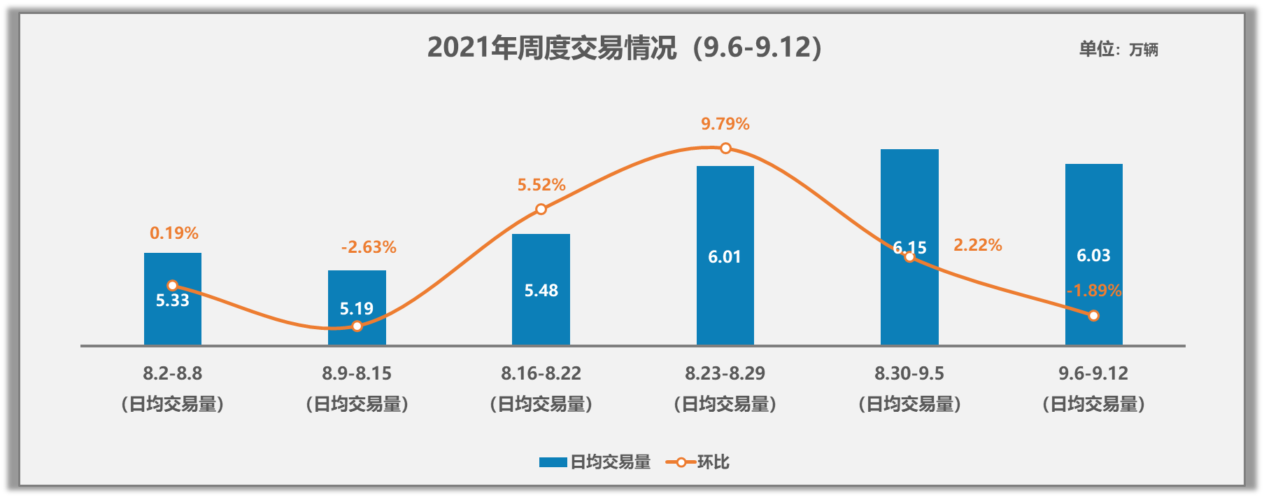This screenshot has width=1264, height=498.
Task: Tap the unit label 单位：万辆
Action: coord(1118,49)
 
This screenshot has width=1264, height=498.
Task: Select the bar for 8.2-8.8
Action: coord(173,322)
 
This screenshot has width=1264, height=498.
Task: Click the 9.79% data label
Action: coord(725,124)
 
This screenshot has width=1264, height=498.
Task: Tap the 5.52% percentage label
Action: coord(541,185)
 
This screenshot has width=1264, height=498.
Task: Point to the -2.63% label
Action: coord(369,247)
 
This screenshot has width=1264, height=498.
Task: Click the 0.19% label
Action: coord(174,233)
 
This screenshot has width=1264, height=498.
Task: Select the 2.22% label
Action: coord(977,245)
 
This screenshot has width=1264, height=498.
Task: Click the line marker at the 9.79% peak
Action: coord(725,148)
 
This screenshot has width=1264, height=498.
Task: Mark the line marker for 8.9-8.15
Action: coord(357,326)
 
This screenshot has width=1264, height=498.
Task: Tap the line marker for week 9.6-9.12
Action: coord(1093,316)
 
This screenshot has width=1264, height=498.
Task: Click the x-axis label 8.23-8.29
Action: coord(725,373)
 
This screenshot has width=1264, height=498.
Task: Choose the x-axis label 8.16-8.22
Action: coord(541,373)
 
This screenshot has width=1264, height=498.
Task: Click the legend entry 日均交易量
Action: coord(595,462)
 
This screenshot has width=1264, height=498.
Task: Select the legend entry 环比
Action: coord(698,462)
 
